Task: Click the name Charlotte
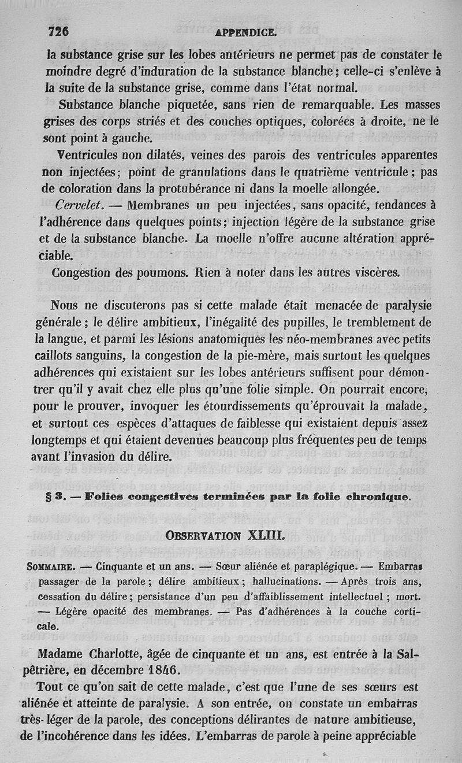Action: [120, 655]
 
